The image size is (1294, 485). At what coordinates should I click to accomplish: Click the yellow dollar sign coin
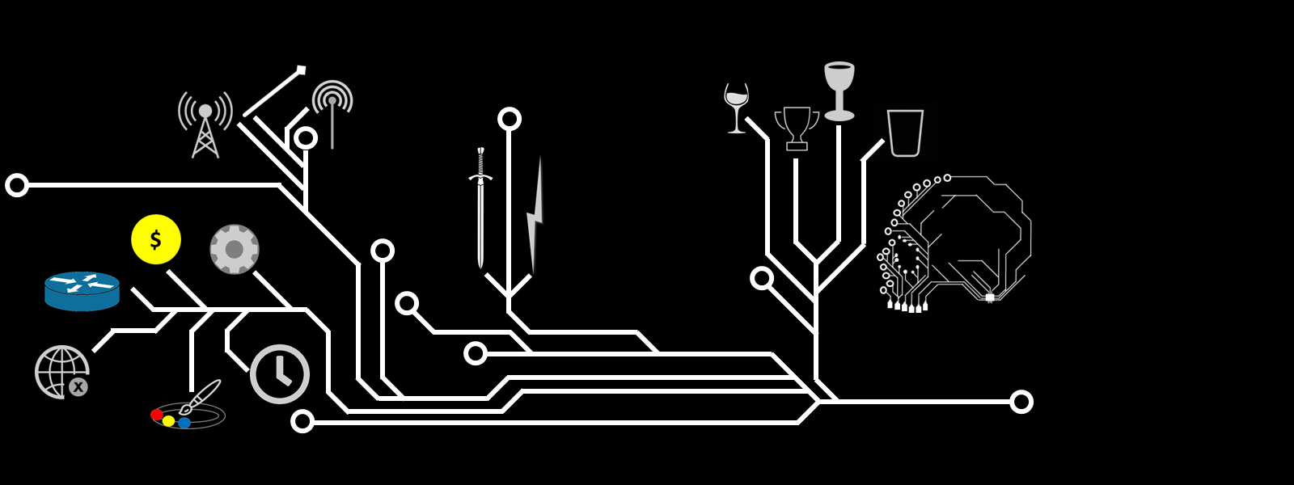tap(155, 239)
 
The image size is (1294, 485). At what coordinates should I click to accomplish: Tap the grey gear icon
tap(234, 249)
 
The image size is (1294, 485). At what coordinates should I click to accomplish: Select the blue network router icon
tap(82, 291)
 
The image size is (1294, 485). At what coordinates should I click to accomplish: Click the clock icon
tap(280, 374)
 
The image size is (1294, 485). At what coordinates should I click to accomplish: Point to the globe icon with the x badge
tap(61, 372)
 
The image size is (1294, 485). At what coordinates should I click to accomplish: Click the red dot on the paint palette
tap(156, 415)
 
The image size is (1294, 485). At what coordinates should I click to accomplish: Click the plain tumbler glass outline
tap(905, 133)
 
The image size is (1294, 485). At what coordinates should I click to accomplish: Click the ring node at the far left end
tap(17, 185)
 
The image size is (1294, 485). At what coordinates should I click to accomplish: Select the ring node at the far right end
tap(1021, 402)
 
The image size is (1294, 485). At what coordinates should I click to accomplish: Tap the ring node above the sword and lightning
tap(509, 120)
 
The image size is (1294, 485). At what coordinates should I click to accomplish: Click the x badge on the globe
tap(78, 387)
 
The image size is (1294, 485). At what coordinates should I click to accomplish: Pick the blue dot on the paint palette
tap(184, 423)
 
